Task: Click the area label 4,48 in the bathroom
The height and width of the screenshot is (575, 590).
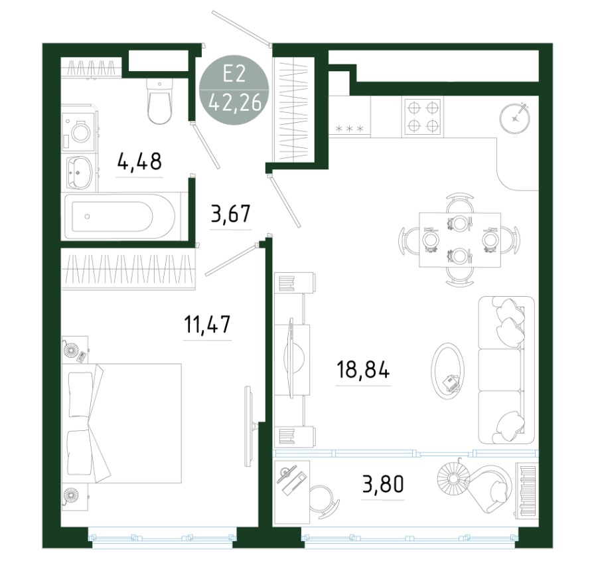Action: coord(139,161)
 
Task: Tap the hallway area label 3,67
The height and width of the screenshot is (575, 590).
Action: coord(231,214)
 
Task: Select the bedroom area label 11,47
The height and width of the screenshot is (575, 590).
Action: coord(207,324)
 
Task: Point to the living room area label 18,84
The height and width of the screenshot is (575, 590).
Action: coord(363,369)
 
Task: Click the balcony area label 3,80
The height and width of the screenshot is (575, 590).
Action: coord(383,484)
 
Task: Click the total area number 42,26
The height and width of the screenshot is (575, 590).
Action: coord(235,102)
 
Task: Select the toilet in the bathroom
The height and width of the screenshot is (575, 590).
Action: coord(159,101)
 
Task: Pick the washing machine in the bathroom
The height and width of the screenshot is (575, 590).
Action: coord(80,128)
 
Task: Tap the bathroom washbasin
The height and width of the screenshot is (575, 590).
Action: coord(80,172)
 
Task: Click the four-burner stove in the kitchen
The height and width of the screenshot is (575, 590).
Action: coord(422,116)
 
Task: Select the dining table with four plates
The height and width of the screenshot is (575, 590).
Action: coord(459,240)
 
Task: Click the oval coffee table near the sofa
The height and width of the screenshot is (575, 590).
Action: coord(447,370)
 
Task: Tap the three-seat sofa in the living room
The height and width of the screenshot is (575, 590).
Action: coord(506,370)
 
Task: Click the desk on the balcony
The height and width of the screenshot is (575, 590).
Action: coord(292,492)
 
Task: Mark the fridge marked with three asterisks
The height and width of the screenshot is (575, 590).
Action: coord(350,116)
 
